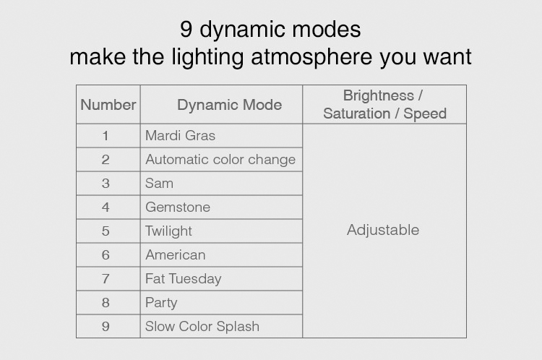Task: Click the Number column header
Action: tap(108, 105)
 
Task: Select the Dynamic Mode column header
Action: tap(230, 105)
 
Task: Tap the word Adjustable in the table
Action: tap(383, 230)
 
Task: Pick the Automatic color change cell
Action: tap(220, 160)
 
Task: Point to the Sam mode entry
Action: tap(160, 184)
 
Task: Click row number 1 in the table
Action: tap(106, 136)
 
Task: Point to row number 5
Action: tap(106, 231)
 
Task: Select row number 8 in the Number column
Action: tap(106, 303)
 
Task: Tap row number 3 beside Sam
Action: tap(106, 184)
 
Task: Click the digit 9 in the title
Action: tap(186, 29)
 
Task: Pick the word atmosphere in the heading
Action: tap(311, 56)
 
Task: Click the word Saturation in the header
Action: tap(357, 113)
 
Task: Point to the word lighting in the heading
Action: tap(208, 56)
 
